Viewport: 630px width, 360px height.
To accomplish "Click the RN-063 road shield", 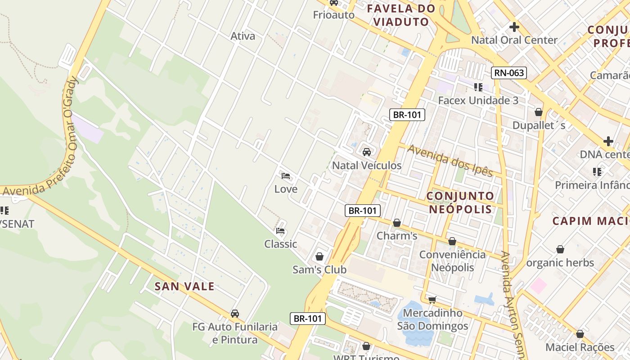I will click(x=509, y=73).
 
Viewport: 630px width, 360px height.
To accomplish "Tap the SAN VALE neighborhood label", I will click(x=184, y=286).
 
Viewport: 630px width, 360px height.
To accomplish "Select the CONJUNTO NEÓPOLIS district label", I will click(x=460, y=202).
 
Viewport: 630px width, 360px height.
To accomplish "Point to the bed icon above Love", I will click(x=286, y=176).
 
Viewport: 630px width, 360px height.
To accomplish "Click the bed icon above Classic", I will click(x=280, y=231).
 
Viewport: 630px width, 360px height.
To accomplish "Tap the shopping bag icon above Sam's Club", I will click(x=319, y=256).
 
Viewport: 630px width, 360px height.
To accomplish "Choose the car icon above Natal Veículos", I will click(x=367, y=152).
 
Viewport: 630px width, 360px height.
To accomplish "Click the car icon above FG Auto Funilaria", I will click(x=235, y=314).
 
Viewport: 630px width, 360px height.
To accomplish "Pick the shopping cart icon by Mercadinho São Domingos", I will click(x=432, y=299).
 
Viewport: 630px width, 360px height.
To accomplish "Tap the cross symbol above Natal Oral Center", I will click(x=514, y=27).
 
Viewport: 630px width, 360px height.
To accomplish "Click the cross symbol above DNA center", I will click(x=608, y=141).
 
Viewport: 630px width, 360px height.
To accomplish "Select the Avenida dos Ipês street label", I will click(x=450, y=160).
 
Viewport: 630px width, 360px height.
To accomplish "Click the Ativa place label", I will click(x=243, y=36).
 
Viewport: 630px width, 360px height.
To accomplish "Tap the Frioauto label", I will click(x=334, y=15).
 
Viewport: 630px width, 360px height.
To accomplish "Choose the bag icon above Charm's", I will click(x=397, y=223).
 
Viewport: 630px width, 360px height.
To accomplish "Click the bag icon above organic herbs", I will click(x=560, y=249).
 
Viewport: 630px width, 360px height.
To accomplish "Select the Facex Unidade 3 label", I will click(x=478, y=100).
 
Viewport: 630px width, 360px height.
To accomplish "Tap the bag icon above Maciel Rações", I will click(x=580, y=334).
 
